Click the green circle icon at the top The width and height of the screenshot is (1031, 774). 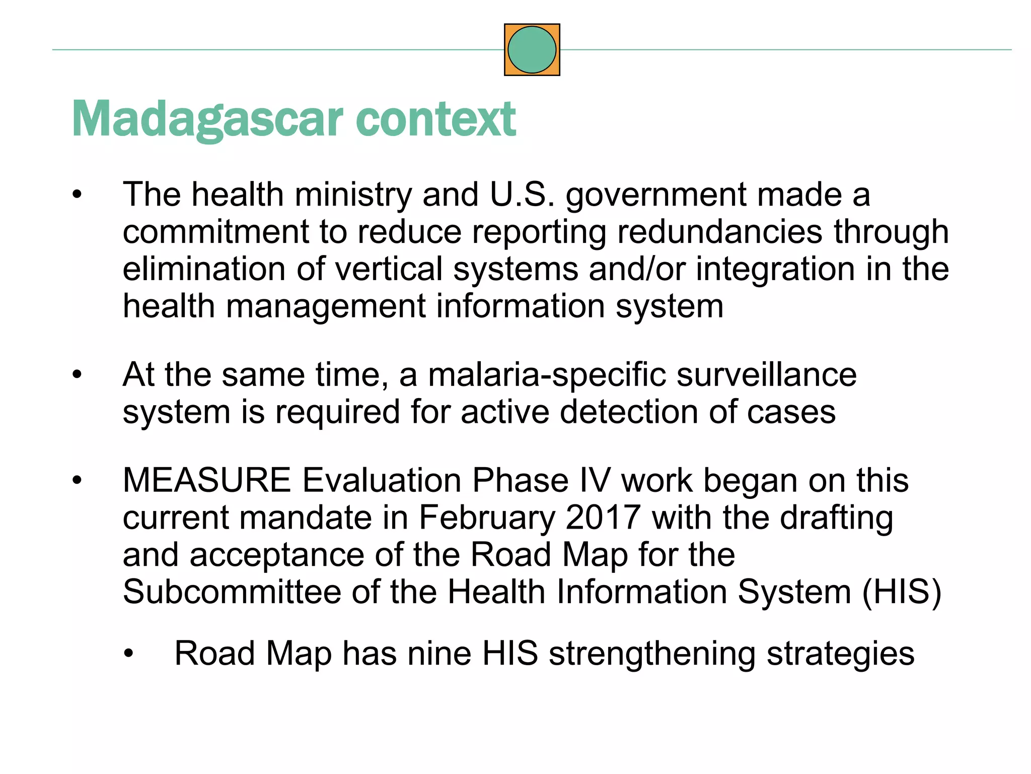click(532, 50)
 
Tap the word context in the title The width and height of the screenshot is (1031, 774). click(436, 119)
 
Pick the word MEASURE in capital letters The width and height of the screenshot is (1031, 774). click(207, 480)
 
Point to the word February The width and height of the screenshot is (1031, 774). click(487, 518)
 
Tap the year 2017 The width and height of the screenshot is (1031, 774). click(603, 518)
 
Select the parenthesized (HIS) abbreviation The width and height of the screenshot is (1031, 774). click(902, 592)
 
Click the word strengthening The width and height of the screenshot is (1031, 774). click(652, 654)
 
